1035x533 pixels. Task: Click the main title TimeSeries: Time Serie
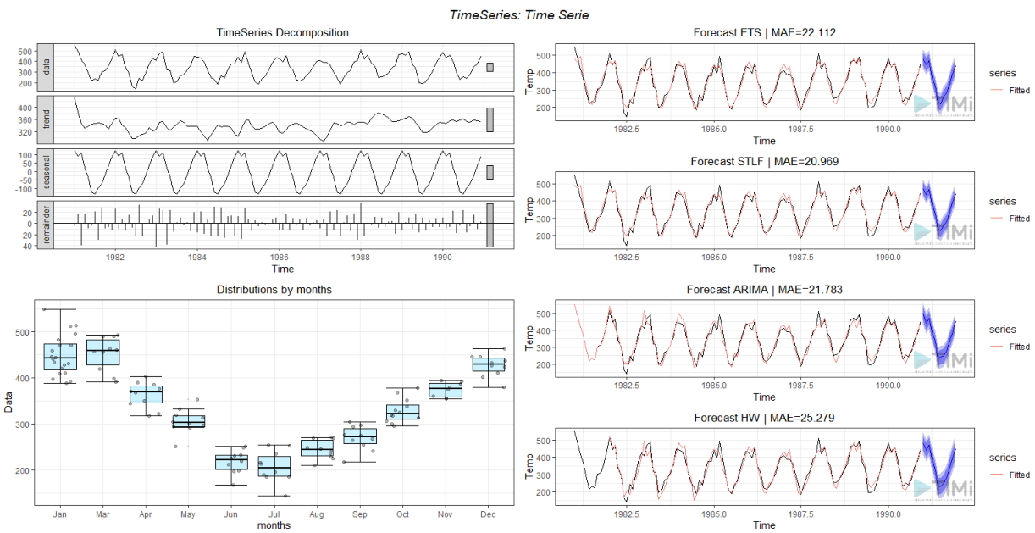(x=517, y=14)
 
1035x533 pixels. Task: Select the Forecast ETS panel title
(x=764, y=33)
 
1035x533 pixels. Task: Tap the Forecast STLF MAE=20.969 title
(x=764, y=161)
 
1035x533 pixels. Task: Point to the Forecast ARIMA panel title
(x=764, y=290)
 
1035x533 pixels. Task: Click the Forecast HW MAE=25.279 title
(x=764, y=418)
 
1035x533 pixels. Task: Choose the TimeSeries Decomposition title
(x=282, y=33)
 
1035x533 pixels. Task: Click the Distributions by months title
(x=274, y=290)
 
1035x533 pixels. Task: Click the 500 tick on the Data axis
(x=25, y=332)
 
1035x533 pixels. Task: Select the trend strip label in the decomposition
(x=47, y=119)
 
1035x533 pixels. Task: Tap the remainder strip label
(x=47, y=225)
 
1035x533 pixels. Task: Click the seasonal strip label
(x=47, y=172)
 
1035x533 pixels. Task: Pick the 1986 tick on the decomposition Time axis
(x=280, y=256)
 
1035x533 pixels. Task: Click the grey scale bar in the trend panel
(x=490, y=119)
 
